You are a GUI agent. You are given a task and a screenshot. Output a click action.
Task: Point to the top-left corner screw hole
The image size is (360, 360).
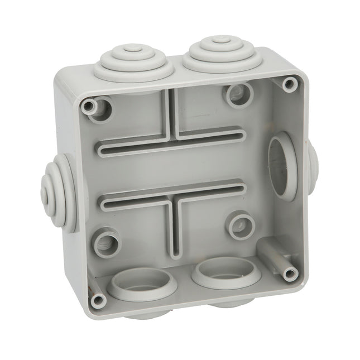[x=88, y=106]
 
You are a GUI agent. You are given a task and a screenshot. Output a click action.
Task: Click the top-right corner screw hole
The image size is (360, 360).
[x=289, y=84]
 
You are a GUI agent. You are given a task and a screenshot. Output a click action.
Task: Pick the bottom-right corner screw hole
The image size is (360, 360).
[x=290, y=274]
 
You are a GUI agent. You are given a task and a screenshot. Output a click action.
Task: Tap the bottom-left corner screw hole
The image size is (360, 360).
[x=98, y=301]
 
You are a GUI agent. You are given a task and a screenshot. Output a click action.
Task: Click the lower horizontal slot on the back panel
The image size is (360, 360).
[x=173, y=195]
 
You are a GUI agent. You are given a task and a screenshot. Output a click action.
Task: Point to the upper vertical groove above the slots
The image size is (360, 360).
[x=172, y=112]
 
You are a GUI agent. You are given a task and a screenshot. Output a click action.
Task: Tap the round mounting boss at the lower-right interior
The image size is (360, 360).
[x=241, y=226]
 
